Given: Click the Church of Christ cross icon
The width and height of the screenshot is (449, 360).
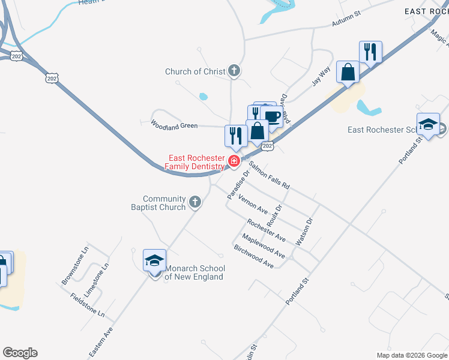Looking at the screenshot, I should [234, 71].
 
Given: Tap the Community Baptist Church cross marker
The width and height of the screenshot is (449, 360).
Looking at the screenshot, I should [194, 202].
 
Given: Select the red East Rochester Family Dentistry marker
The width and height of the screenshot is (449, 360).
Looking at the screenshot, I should [234, 161].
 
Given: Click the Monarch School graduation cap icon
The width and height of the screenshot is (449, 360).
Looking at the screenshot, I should [154, 260].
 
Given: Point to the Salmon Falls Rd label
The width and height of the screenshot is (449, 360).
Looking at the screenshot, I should [270, 176].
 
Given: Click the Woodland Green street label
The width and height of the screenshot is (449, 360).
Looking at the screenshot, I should [174, 125].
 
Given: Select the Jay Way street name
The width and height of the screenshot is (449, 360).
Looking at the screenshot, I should [322, 77].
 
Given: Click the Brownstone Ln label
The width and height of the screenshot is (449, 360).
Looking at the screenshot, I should [75, 272].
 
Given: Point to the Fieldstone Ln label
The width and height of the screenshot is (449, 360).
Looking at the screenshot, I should [87, 305].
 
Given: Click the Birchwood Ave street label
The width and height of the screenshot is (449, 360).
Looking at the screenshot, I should [254, 256].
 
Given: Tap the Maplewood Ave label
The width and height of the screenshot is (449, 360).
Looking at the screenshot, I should [264, 246].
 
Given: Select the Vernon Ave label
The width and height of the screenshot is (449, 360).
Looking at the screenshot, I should [253, 204].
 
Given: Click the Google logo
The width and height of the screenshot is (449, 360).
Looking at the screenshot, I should [20, 353].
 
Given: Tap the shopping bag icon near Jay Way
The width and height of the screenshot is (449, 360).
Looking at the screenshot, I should [348, 72].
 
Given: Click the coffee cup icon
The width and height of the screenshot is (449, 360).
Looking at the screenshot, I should [272, 117].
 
